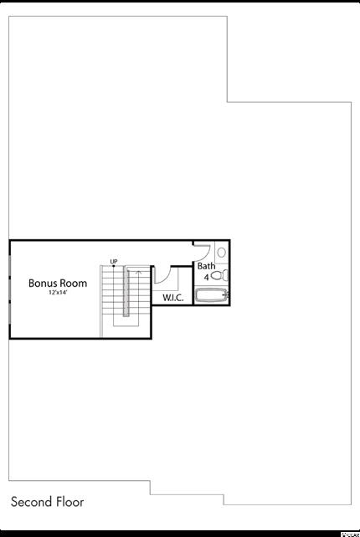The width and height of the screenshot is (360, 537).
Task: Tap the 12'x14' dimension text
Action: click(58, 293)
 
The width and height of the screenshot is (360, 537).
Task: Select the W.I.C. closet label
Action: click(172, 298)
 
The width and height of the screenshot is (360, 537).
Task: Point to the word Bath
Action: click(207, 266)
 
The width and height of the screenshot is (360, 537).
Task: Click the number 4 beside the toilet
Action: click(207, 278)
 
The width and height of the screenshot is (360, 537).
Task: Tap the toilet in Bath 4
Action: click(219, 275)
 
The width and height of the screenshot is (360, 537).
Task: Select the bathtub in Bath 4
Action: click(212, 295)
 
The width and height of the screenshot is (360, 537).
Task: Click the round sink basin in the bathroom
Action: click(222, 253)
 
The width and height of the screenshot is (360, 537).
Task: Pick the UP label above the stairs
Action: click(114, 262)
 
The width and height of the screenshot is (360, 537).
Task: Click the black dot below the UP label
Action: click(114, 266)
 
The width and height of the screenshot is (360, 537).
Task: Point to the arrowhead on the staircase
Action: click(139, 273)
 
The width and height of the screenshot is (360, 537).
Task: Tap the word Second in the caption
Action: click(32, 502)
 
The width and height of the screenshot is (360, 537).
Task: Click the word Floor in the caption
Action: click(70, 502)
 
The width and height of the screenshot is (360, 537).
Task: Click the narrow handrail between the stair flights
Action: click(126, 292)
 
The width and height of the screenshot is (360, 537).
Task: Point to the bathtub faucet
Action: click(225, 294)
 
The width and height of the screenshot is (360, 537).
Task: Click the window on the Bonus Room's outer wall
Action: click(10, 289)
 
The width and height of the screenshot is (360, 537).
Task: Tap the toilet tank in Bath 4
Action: click(225, 275)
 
